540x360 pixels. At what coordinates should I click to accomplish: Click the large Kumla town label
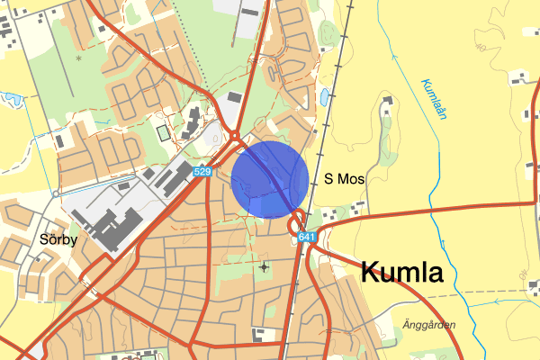pyautogui.click(x=402, y=271)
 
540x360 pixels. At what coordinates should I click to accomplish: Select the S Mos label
pyautogui.click(x=344, y=180)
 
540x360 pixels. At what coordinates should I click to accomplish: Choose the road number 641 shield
pyautogui.click(x=307, y=238)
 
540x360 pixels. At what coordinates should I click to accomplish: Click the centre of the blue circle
pyautogui.click(x=270, y=179)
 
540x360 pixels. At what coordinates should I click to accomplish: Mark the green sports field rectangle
pyautogui.click(x=163, y=133)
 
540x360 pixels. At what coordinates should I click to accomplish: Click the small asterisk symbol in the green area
pyautogui.click(x=78, y=58)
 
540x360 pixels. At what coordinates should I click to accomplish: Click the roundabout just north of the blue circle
pyautogui.click(x=236, y=137)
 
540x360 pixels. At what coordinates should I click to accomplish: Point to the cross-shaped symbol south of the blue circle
pyautogui.click(x=263, y=266)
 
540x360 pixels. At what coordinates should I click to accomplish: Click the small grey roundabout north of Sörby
pyautogui.click(x=56, y=193)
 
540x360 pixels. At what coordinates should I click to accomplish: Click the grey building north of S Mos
pyautogui.click(x=387, y=103)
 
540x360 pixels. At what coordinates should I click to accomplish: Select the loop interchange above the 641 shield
pyautogui.click(x=297, y=220)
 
